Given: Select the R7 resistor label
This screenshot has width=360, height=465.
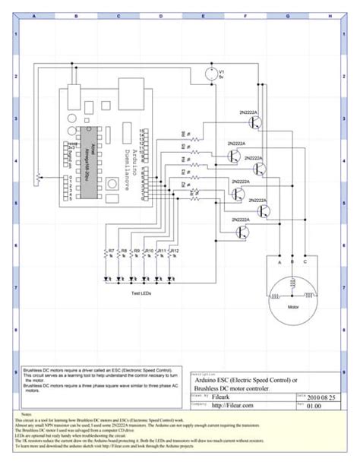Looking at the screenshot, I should click(111, 250).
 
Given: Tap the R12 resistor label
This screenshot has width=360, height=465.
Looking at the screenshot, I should click(174, 250).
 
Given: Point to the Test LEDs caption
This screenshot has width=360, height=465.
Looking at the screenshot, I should click(142, 292).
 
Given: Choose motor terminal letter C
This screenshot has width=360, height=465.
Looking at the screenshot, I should click(305, 262).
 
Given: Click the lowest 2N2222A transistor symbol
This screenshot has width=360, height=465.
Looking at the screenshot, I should click(242, 230).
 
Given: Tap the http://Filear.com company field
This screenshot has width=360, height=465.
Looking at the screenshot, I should click(232, 405).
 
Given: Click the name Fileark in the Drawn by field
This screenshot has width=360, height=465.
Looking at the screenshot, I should click(222, 397).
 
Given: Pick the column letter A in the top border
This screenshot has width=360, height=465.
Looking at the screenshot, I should click(33, 15).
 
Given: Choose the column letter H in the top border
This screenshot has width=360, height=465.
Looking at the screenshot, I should click(327, 15).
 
